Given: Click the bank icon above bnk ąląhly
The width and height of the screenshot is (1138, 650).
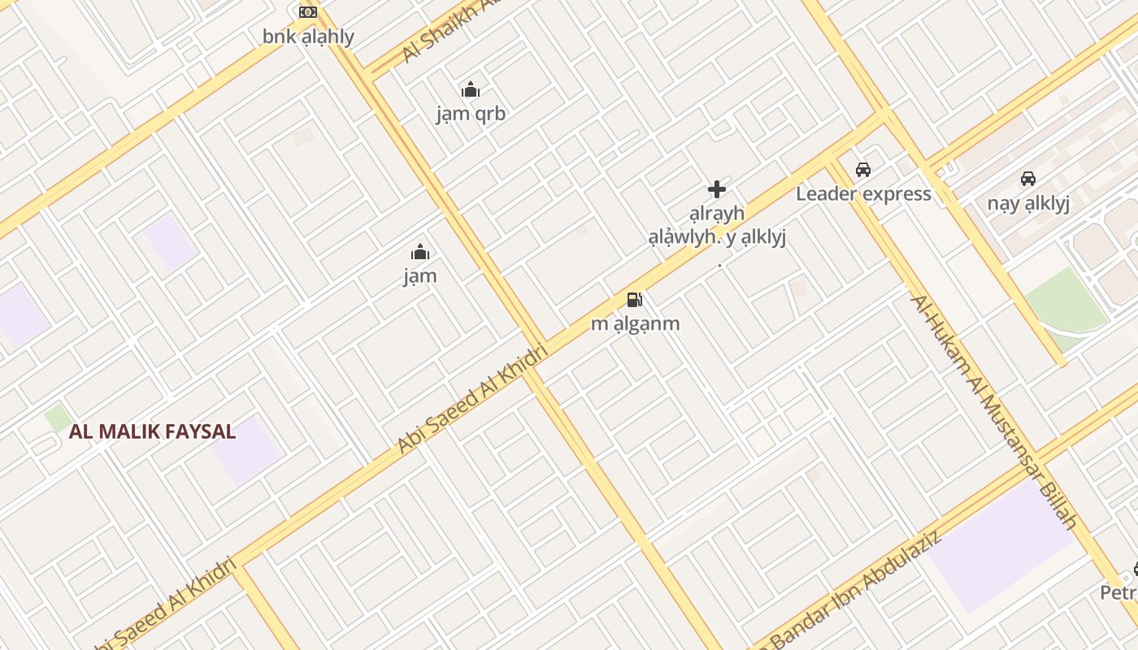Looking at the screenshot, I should tap(308, 12).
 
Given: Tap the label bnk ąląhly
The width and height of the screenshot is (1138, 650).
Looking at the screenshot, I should tap(308, 37).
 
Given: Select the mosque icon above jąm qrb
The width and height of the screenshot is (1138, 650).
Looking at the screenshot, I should tap(471, 90).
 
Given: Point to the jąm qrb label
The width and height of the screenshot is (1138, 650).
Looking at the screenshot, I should tap(471, 114).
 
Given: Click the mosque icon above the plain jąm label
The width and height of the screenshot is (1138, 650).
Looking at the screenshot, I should tap(420, 252).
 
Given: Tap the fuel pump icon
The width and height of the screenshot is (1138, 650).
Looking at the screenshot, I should tap(635, 300).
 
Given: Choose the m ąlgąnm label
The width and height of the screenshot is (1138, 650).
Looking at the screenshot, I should tap(635, 323).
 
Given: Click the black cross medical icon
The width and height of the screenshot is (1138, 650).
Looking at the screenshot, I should tap(716, 189).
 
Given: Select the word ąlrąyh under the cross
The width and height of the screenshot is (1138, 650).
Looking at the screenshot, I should tap(716, 214).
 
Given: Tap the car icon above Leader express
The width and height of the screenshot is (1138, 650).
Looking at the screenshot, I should tap(863, 170).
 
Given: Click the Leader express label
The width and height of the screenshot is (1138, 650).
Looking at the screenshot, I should tap(863, 193).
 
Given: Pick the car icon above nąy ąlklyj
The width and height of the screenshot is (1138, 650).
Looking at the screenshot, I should tap(1028, 179).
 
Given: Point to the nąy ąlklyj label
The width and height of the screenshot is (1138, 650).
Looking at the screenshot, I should tap(1028, 203).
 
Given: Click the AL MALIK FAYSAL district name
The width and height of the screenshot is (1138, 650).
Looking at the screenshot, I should tap(152, 431).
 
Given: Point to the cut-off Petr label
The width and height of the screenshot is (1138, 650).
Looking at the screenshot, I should tap(1118, 592).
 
